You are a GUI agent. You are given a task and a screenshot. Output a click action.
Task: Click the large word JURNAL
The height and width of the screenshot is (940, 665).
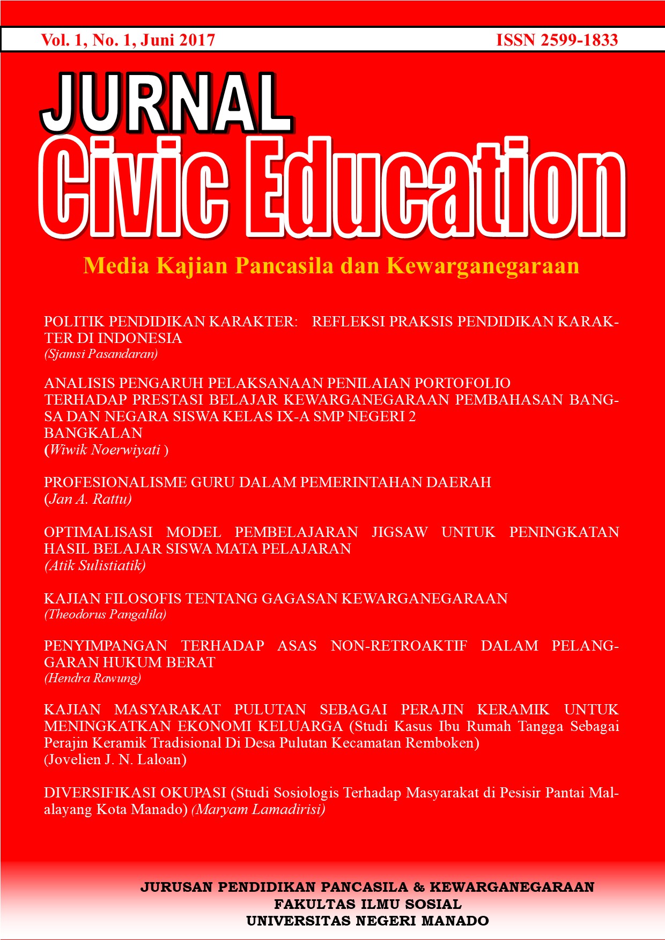(166, 103)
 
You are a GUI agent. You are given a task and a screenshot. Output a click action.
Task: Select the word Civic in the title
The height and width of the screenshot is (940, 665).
(134, 188)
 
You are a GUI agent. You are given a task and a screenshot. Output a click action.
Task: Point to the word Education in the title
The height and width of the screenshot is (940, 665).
(434, 188)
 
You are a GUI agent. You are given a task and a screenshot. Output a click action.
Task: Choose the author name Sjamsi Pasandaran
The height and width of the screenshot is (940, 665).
(101, 354)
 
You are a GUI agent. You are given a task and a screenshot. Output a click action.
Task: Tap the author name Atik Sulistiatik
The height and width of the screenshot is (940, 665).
(95, 565)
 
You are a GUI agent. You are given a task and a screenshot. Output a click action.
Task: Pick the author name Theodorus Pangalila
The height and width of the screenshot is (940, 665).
(105, 614)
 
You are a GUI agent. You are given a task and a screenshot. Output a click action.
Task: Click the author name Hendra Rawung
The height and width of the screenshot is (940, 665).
(92, 678)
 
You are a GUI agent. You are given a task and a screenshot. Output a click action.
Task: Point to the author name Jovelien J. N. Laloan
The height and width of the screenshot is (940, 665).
(115, 759)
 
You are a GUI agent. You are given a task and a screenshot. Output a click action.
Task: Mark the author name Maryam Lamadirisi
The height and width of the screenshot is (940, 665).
(258, 809)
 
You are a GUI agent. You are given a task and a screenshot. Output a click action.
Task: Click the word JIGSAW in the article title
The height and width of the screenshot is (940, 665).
(400, 532)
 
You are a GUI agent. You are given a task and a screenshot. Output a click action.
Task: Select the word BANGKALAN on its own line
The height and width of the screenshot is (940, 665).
(93, 433)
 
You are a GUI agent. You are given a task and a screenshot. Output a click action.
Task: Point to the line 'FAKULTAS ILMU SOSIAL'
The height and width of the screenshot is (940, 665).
(368, 905)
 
